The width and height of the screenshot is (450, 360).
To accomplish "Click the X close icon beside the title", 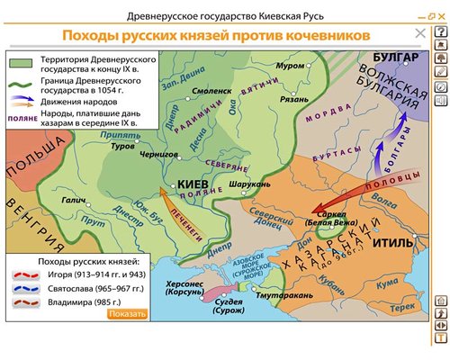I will pos(419,34).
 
